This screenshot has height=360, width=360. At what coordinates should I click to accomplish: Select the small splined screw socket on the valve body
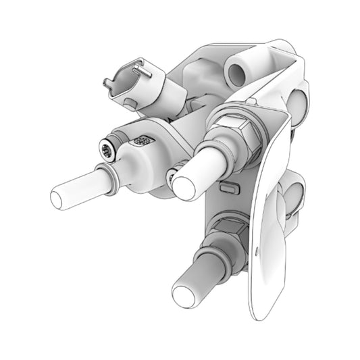point(107,149)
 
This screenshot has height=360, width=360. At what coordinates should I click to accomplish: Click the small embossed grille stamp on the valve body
point(143,140)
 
